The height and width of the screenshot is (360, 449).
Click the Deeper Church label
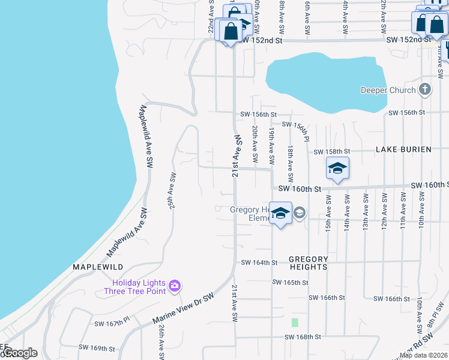click(x=388, y=91)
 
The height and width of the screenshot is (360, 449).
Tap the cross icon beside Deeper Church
click(x=425, y=90)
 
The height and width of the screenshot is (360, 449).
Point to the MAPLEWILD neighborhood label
click(x=98, y=266)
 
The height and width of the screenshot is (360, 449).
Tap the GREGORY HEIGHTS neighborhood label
click(x=309, y=263)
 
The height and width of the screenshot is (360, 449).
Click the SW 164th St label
click(x=259, y=262)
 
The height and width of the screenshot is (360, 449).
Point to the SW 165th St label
click(x=290, y=282)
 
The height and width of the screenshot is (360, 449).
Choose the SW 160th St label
click(x=297, y=188)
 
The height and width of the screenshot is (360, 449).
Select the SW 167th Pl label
click(x=112, y=322)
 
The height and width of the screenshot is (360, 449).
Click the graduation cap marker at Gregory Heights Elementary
click(x=280, y=214)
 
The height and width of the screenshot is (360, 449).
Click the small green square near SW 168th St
click(x=295, y=322)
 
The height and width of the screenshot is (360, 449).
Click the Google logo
click(x=20, y=353)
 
